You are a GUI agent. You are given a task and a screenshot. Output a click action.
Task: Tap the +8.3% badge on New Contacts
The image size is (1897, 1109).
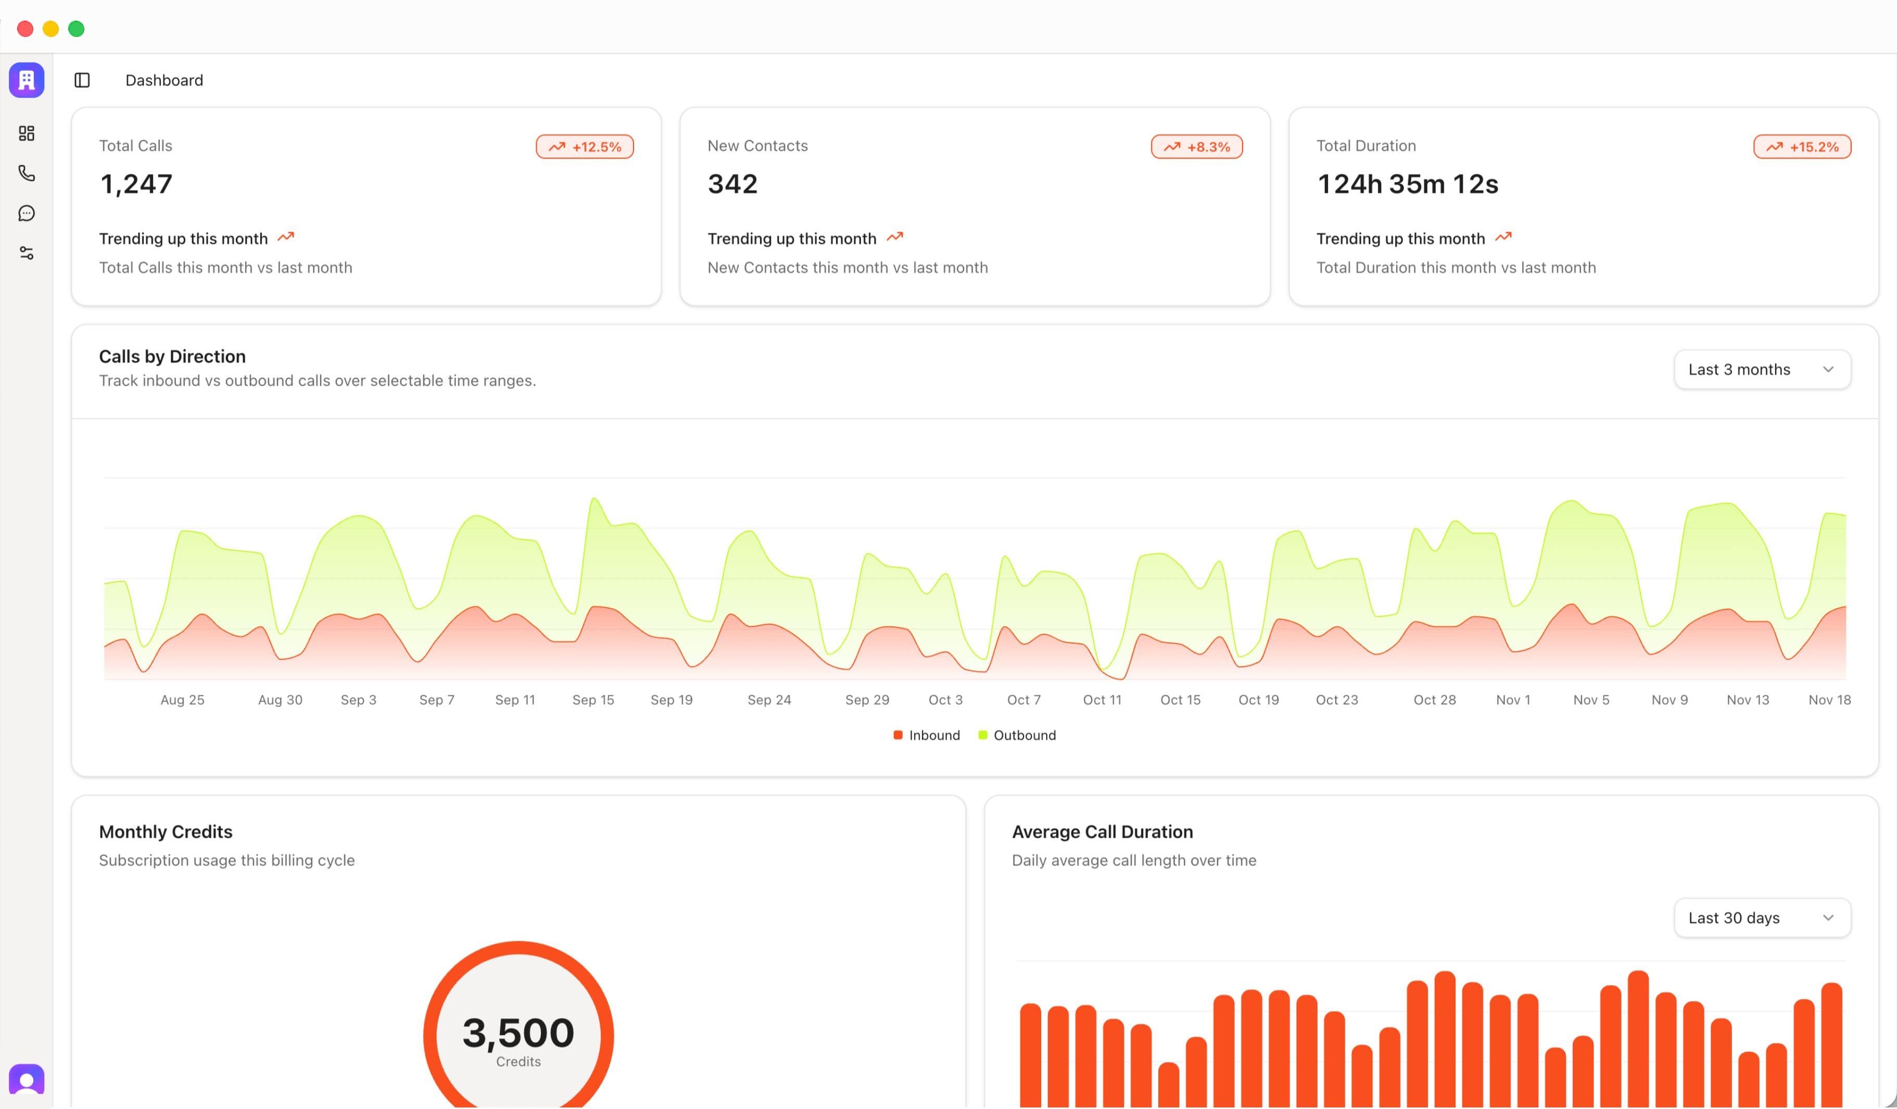pos(1196,147)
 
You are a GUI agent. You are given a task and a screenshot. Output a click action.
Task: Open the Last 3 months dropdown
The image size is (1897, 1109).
pos(1762,370)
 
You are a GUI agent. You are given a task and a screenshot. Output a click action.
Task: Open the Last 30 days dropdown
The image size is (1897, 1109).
pos(1762,918)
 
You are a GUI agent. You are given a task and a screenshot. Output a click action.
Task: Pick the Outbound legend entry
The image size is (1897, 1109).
pos(1017,736)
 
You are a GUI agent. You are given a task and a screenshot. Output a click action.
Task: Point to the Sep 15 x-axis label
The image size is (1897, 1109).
pos(593,700)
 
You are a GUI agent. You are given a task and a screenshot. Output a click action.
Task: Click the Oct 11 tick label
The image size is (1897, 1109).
pos(1102,700)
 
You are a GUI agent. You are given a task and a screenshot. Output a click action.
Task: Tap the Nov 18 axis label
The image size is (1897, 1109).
pos(1829,700)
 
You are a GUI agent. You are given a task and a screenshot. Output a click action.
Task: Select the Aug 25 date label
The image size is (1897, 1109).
pos(182,700)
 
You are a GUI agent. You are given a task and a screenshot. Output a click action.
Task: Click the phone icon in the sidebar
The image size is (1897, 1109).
pos(27,173)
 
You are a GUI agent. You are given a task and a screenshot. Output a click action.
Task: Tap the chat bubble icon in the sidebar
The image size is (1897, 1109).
pos(27,214)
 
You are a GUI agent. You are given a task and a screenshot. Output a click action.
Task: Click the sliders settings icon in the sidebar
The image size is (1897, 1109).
pos(27,253)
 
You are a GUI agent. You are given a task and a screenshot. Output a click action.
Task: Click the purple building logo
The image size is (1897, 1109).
pos(27,80)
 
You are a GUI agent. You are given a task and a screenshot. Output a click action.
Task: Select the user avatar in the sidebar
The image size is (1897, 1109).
pos(27,1080)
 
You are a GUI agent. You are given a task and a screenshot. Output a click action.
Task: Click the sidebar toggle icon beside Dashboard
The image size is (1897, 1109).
pos(82,81)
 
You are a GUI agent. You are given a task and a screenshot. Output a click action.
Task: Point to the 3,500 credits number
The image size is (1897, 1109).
pos(518,1033)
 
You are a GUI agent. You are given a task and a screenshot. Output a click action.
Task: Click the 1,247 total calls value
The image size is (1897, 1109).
pos(136,184)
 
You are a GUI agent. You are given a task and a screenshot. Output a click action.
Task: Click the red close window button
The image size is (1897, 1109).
pos(25,29)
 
